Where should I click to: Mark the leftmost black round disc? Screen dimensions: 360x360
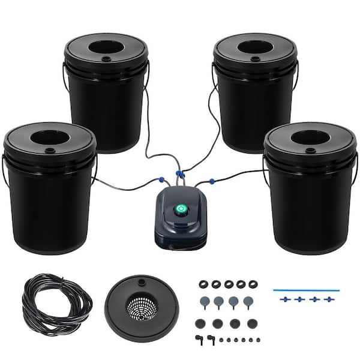coord(202,324)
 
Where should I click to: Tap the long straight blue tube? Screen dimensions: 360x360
coord(306,290)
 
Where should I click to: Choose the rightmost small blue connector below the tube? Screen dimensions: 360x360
coord(329,299)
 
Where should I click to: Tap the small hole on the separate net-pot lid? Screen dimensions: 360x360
coord(142,281)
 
